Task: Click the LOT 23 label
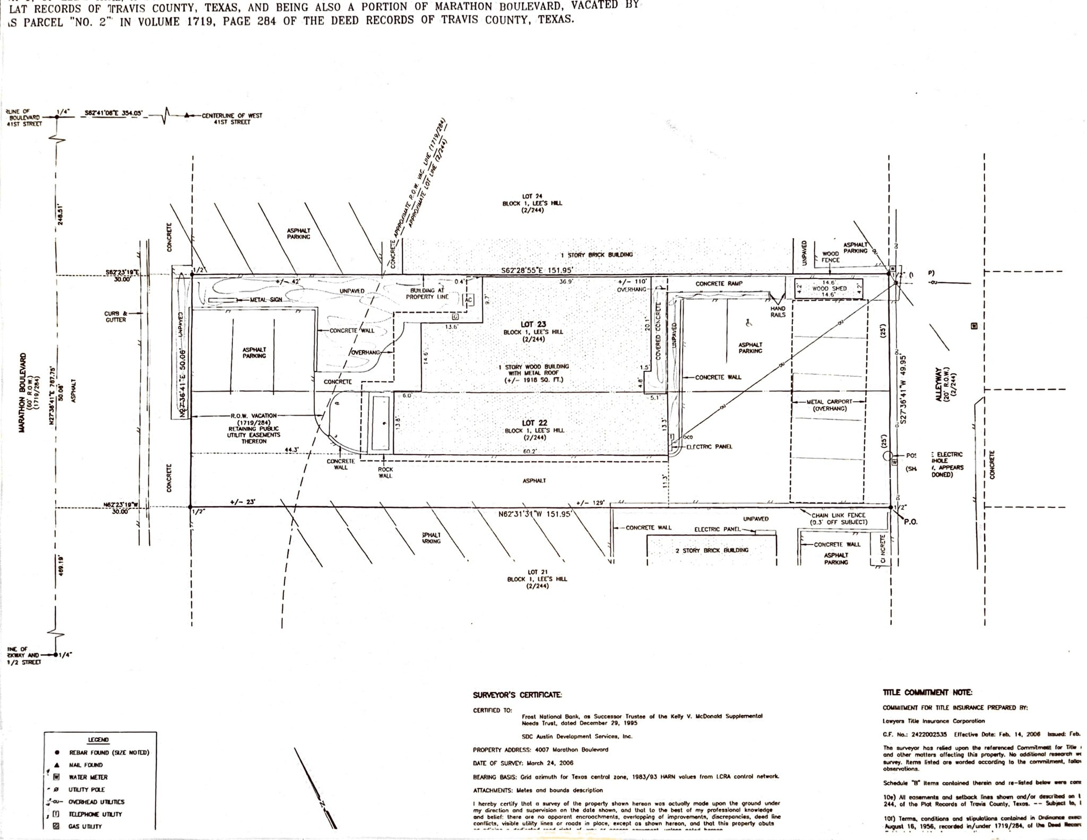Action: click(533, 324)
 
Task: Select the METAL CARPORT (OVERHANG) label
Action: click(829, 405)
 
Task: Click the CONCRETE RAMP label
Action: click(719, 284)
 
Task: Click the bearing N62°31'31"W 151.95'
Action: click(534, 514)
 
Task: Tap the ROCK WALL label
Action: click(385, 472)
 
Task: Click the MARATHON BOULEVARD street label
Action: click(23, 392)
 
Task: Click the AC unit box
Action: click(468, 300)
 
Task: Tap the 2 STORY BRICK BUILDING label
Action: click(712, 550)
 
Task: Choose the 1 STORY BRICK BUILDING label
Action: click(597, 255)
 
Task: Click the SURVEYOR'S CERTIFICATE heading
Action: click(517, 695)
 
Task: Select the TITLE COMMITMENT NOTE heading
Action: click(927, 692)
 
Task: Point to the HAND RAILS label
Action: click(778, 311)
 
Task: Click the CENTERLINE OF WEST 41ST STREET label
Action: click(231, 118)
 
